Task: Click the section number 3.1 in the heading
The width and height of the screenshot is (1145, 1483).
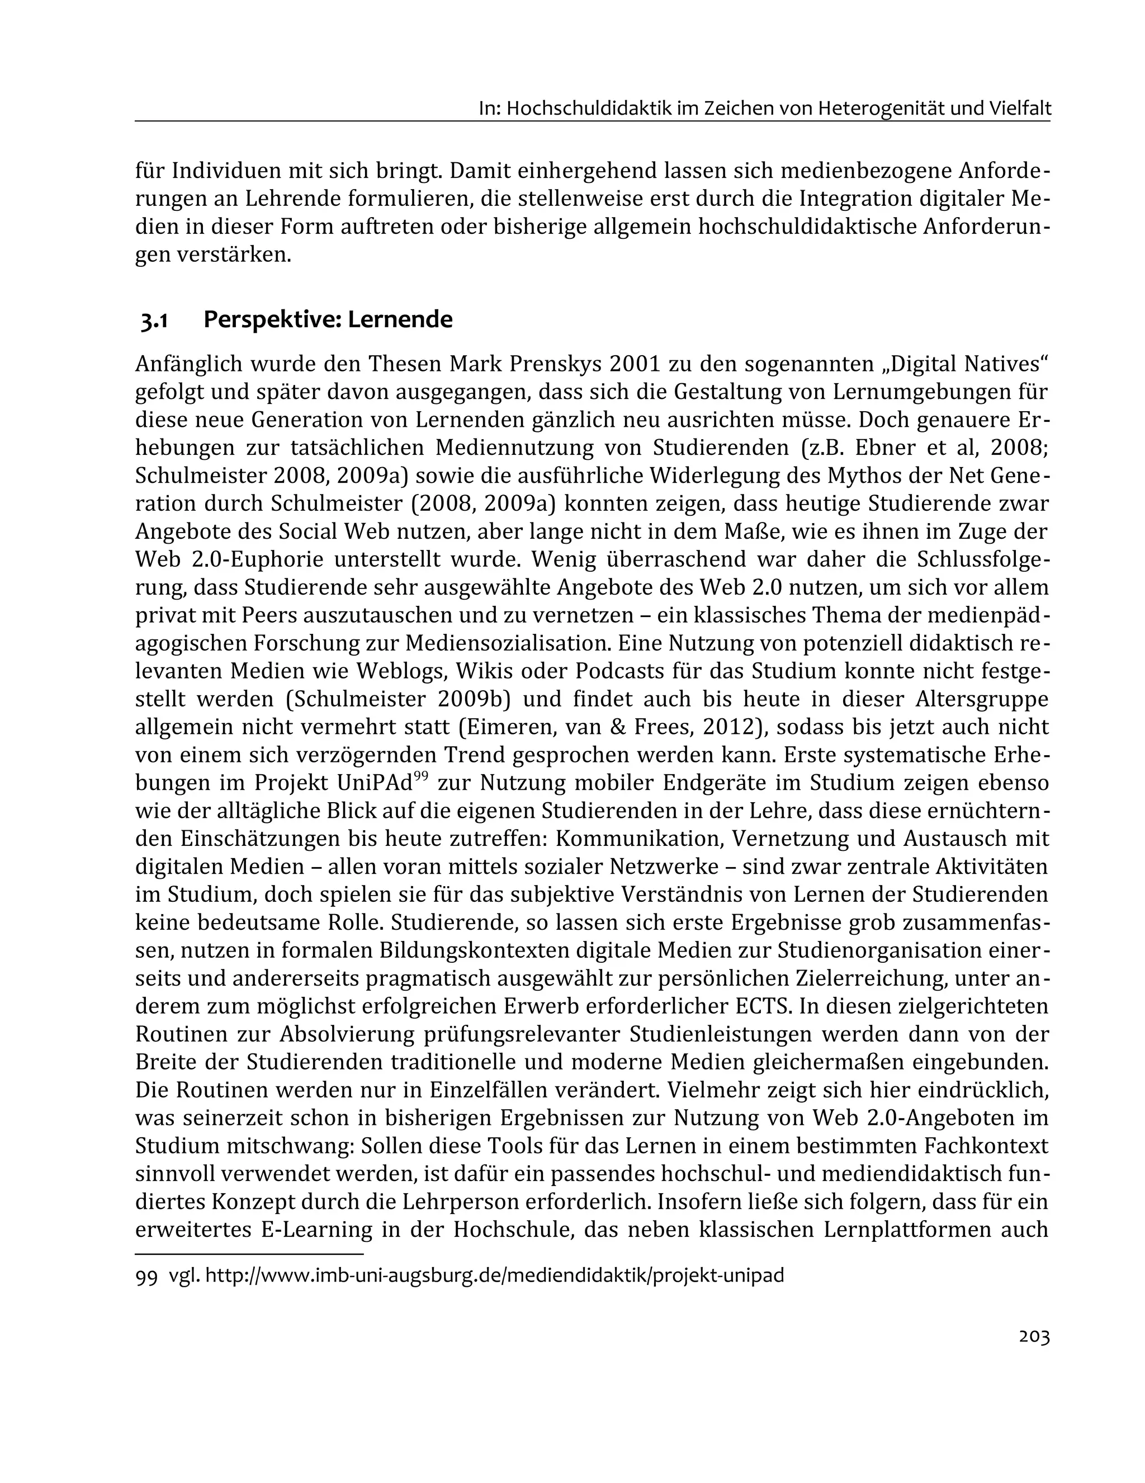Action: coord(154,320)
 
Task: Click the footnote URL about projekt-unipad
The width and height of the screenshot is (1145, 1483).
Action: coord(494,1275)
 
